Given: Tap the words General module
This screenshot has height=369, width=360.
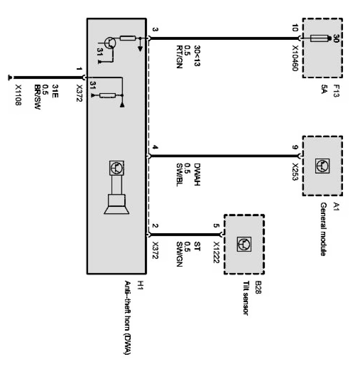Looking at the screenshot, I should tap(323, 229).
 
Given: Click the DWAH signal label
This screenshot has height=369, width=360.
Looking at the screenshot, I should tap(198, 174).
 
